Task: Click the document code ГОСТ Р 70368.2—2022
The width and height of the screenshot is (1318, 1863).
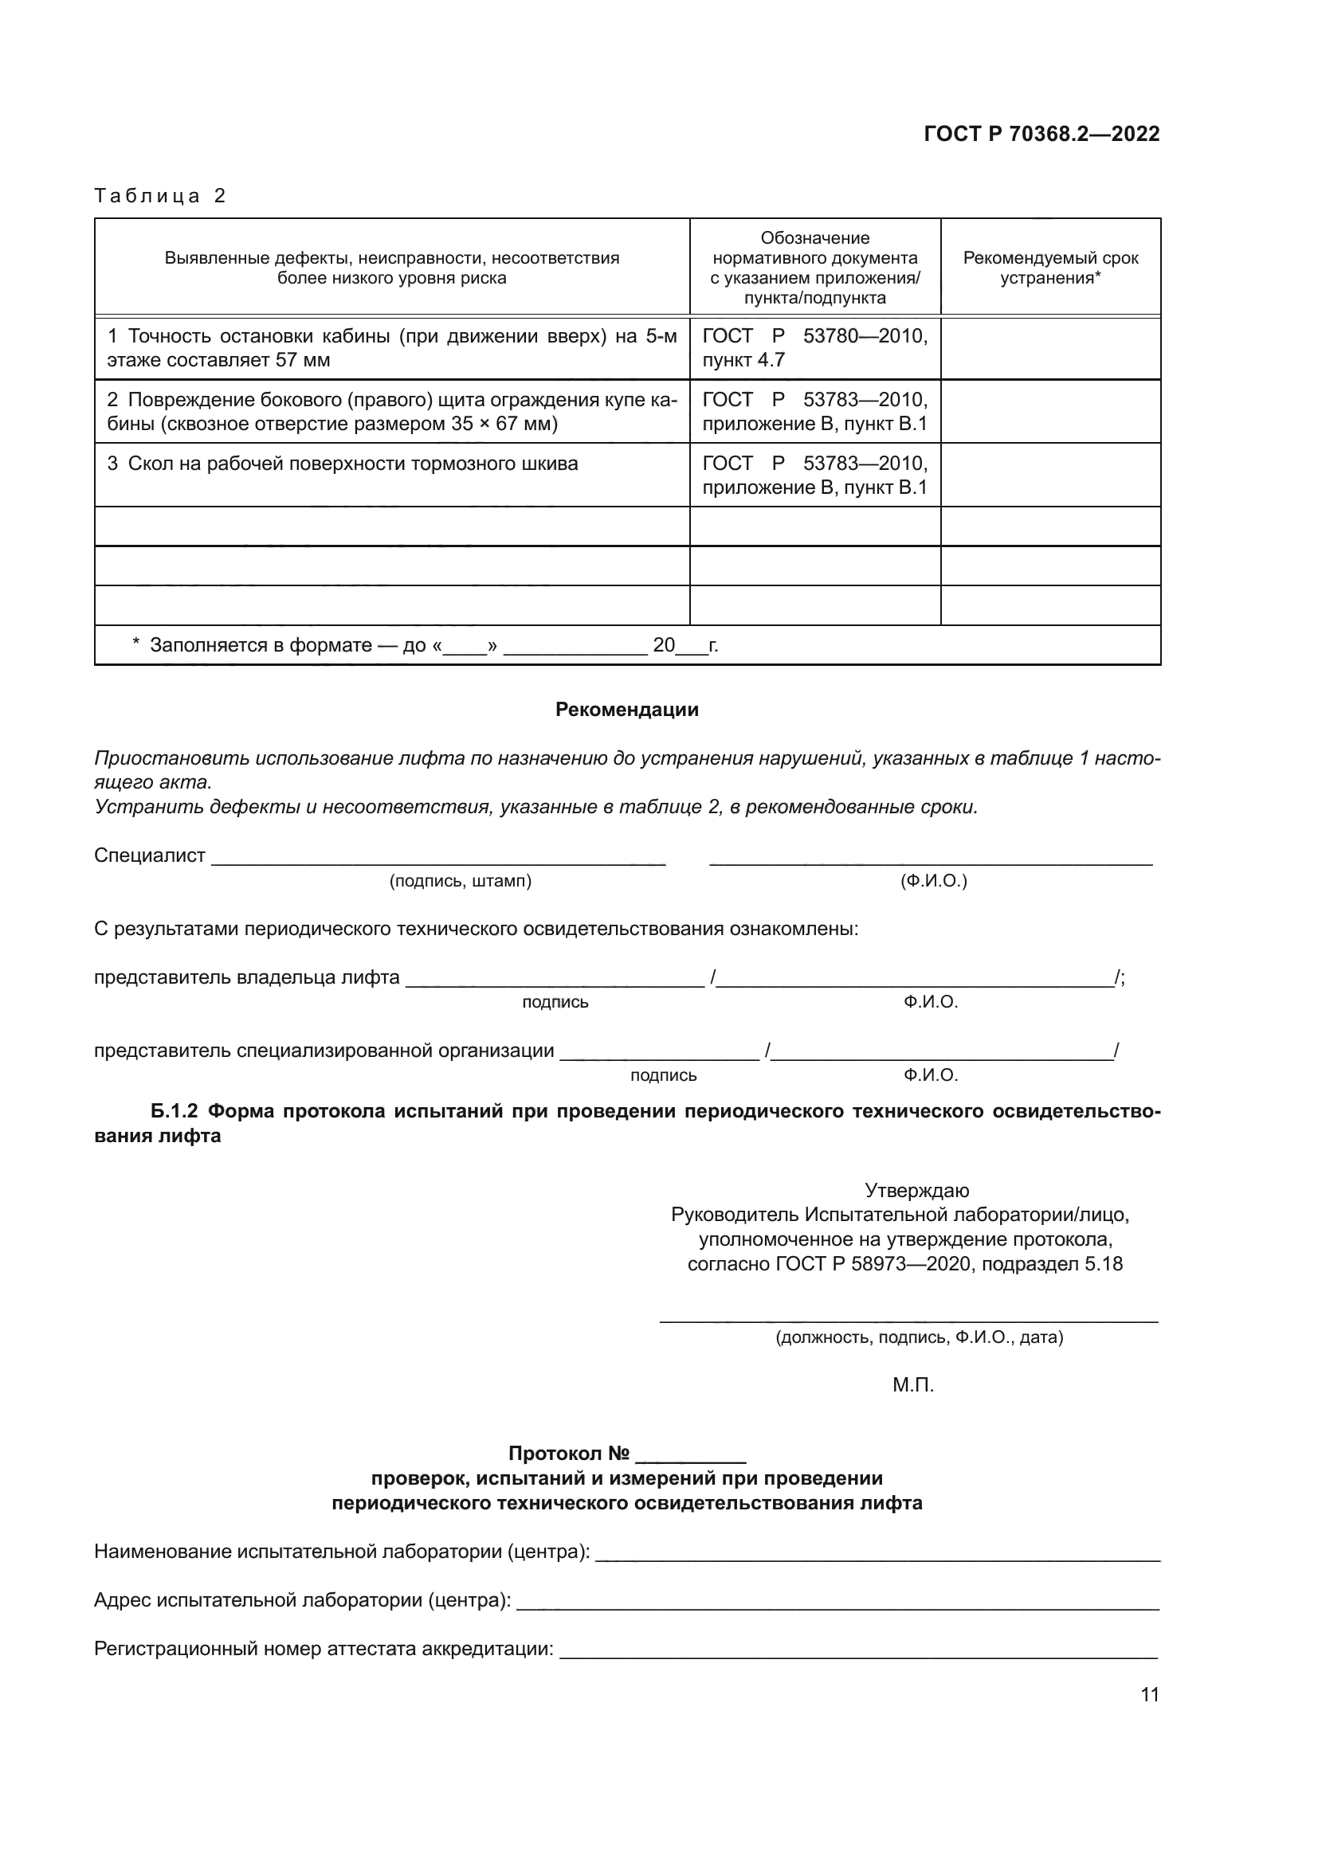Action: click(x=1041, y=134)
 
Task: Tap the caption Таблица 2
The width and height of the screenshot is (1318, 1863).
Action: click(x=160, y=196)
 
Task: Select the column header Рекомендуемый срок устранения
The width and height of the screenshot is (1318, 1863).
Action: click(x=1050, y=268)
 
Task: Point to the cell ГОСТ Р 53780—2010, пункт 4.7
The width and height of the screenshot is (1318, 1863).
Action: click(x=814, y=348)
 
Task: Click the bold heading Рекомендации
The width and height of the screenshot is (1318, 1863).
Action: click(x=626, y=710)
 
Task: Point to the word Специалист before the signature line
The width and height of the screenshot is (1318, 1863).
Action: click(x=149, y=855)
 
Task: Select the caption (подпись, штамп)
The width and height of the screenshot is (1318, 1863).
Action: click(x=460, y=881)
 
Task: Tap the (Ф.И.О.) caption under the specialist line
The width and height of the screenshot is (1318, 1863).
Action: click(x=933, y=881)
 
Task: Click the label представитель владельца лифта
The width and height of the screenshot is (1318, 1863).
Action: click(x=247, y=977)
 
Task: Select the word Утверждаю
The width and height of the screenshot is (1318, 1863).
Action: click(x=916, y=1190)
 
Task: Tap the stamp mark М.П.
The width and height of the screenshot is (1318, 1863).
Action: click(x=913, y=1385)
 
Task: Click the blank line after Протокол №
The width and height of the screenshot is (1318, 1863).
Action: click(x=691, y=1454)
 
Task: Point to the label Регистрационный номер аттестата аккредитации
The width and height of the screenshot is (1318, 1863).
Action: click(x=324, y=1649)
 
